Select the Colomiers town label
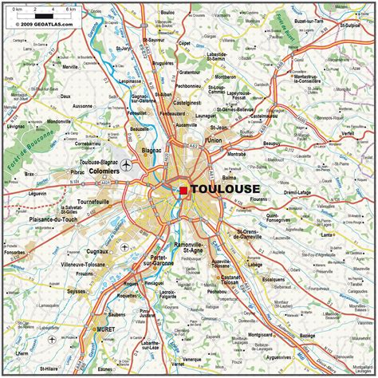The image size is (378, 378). click(105, 171)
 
